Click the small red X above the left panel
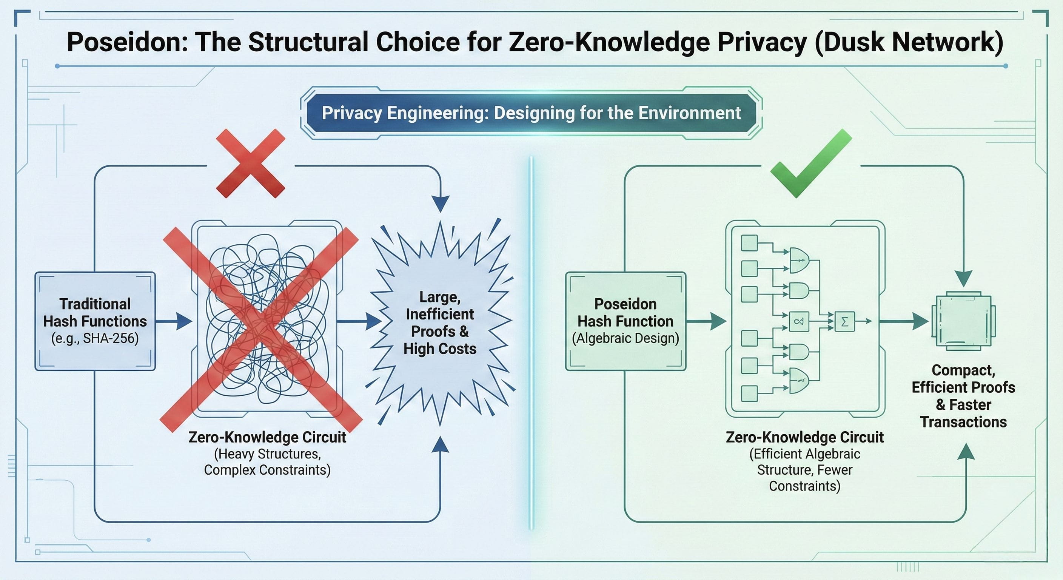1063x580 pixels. (251, 164)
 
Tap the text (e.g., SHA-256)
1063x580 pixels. (95, 338)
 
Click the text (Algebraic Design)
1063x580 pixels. (625, 338)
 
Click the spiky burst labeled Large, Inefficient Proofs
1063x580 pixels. (440, 322)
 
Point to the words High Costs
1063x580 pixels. (440, 349)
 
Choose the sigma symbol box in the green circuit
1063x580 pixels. (844, 321)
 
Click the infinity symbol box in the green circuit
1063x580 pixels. (799, 321)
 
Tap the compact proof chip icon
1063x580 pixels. (963, 321)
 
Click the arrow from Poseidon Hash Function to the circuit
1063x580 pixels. (706, 321)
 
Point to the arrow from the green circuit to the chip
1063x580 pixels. (904, 321)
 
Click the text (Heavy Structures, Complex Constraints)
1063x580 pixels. (267, 462)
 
